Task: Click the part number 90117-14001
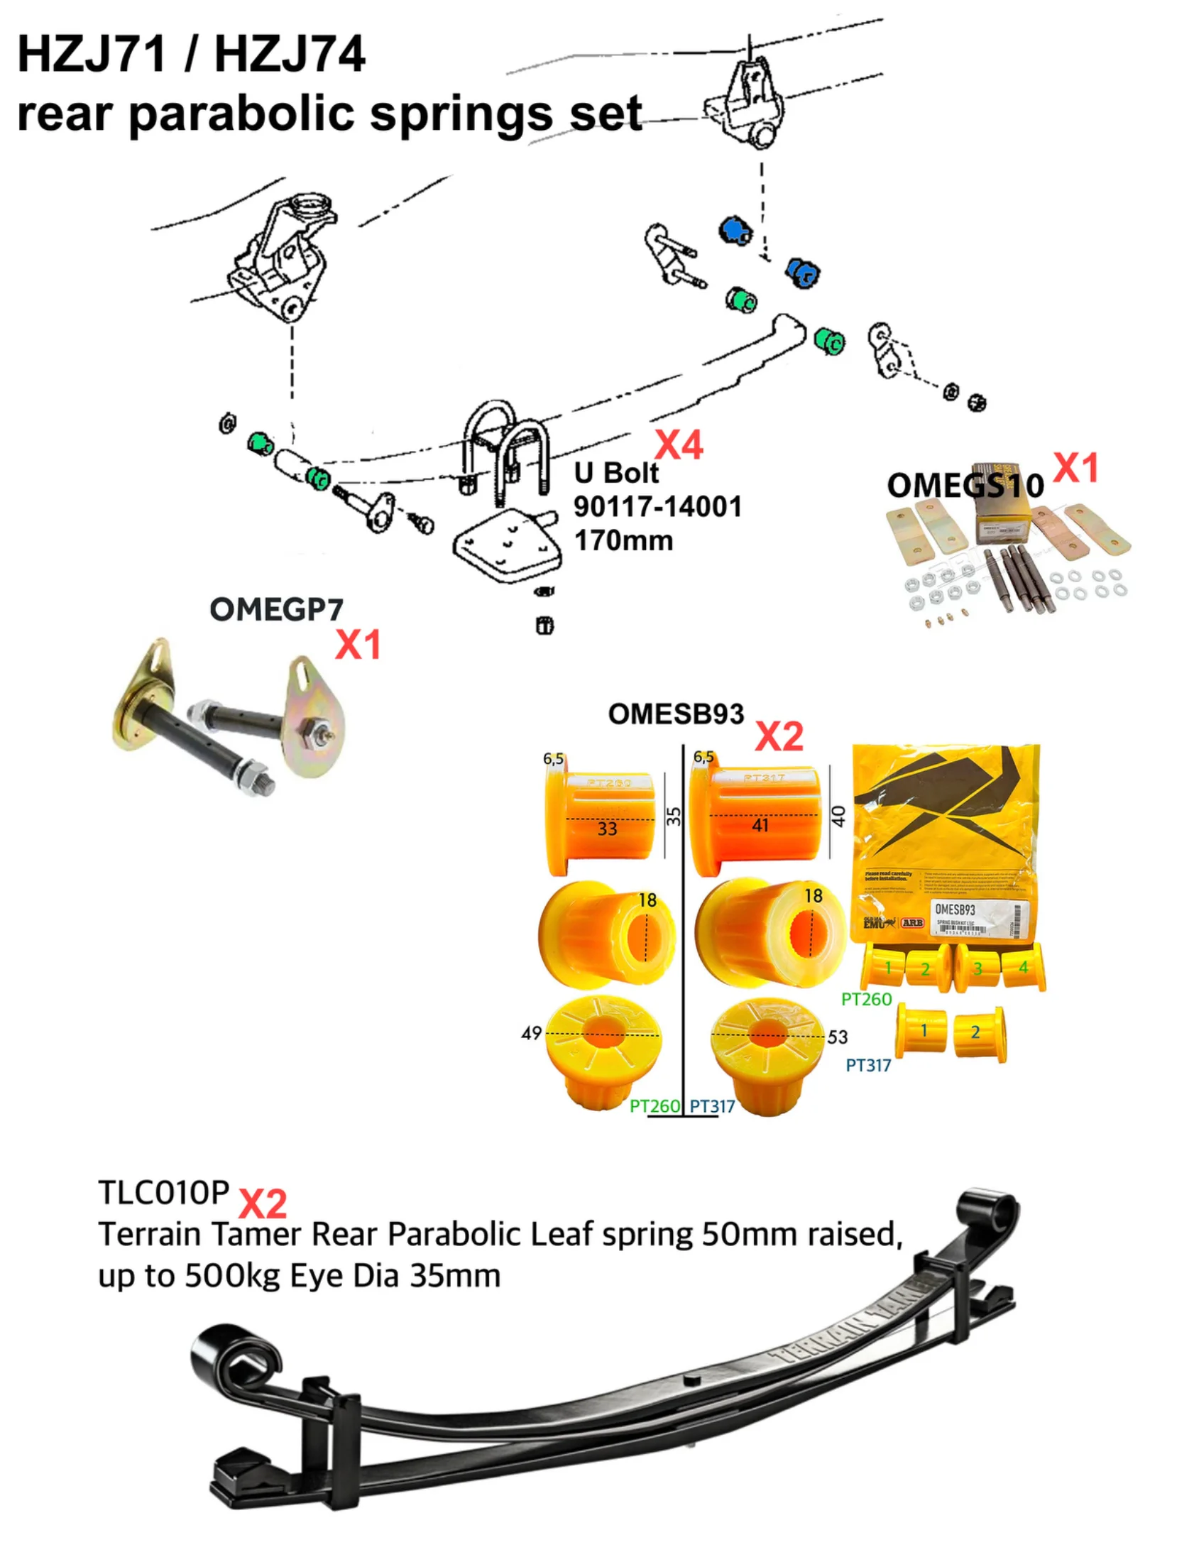click(657, 507)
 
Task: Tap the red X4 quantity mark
click(678, 446)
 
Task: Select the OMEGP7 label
click(276, 610)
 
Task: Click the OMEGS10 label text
click(965, 486)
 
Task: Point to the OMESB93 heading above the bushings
click(675, 714)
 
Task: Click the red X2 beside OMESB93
click(779, 736)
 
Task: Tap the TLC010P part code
click(163, 1194)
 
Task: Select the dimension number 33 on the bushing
click(607, 829)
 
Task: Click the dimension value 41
click(760, 825)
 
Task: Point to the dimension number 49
click(531, 1033)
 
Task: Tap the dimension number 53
click(837, 1037)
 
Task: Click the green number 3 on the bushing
click(978, 968)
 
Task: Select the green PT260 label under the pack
click(865, 999)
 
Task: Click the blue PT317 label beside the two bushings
click(867, 1065)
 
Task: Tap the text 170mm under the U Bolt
click(623, 541)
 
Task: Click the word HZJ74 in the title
click(289, 55)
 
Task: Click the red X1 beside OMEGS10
click(1075, 469)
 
